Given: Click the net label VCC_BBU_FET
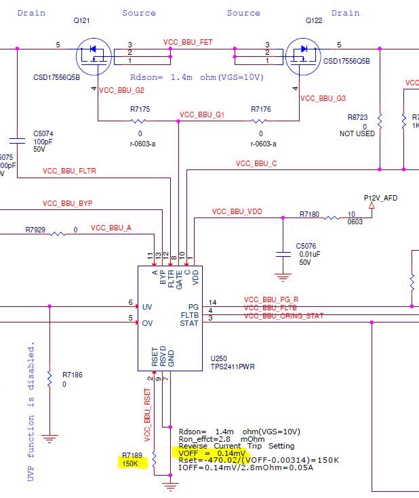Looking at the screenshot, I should (x=188, y=42).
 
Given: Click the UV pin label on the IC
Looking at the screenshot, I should (x=147, y=306).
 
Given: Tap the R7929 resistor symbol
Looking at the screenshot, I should (x=58, y=234).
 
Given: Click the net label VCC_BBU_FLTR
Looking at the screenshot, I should (x=69, y=171).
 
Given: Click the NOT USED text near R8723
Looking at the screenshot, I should (x=357, y=134).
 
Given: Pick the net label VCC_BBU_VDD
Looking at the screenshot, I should (x=237, y=212).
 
